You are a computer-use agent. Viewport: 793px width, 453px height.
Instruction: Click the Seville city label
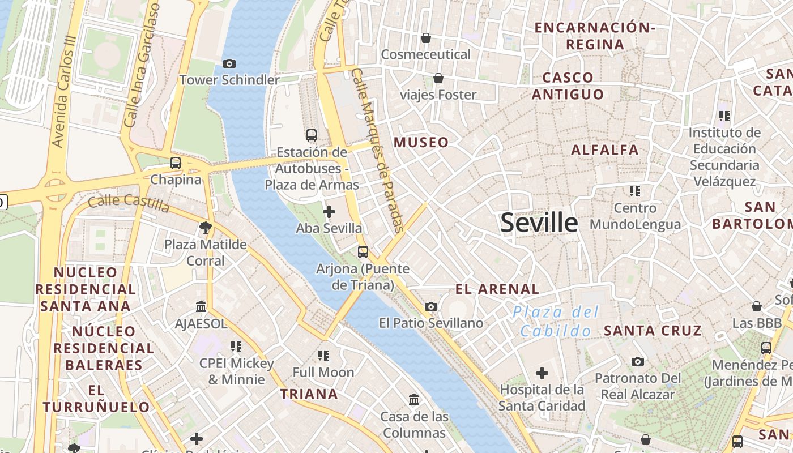tap(539, 223)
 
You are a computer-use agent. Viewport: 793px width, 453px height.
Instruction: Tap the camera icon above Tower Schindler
tap(229, 63)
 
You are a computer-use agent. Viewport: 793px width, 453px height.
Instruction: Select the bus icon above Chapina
tap(176, 163)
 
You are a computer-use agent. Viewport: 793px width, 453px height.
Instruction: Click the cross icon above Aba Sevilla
tap(329, 212)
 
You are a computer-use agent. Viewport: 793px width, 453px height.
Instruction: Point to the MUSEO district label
tap(421, 142)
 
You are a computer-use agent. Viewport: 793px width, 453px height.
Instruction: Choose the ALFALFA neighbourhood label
tap(605, 150)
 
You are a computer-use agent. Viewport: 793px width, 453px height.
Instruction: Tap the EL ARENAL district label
tap(497, 289)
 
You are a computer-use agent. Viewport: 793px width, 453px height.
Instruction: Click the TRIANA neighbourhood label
tap(309, 394)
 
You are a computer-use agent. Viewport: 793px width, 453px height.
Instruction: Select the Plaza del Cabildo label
tap(556, 321)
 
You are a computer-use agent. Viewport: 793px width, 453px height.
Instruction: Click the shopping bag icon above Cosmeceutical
tap(425, 38)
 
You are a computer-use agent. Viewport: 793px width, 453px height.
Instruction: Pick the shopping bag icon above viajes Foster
tap(438, 78)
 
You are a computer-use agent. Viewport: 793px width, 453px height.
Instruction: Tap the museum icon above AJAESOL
tap(201, 307)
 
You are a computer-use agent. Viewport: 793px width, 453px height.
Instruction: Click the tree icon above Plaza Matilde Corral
tap(205, 228)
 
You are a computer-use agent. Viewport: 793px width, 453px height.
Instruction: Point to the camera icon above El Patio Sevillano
tap(431, 306)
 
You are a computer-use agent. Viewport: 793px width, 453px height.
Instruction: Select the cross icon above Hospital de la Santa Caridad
tap(542, 373)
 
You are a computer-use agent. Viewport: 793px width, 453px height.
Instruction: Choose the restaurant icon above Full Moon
tap(323, 356)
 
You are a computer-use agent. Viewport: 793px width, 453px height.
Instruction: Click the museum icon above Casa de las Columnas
tap(414, 400)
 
